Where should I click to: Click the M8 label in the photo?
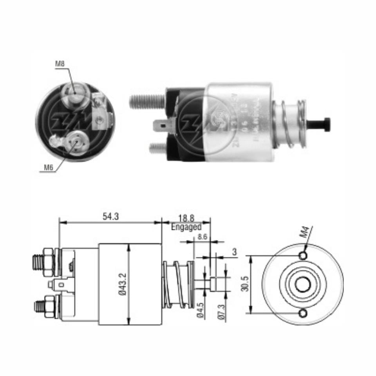tap(60, 63)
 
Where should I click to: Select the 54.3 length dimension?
tap(110, 217)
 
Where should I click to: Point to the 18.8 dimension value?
tap(186, 218)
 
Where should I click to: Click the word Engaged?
tap(186, 227)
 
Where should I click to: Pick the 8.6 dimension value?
tap(202, 236)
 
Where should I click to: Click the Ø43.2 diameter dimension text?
tap(122, 284)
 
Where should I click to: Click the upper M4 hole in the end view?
tap(303, 256)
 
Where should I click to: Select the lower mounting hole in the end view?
tap(303, 313)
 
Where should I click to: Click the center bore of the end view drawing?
tap(303, 285)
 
